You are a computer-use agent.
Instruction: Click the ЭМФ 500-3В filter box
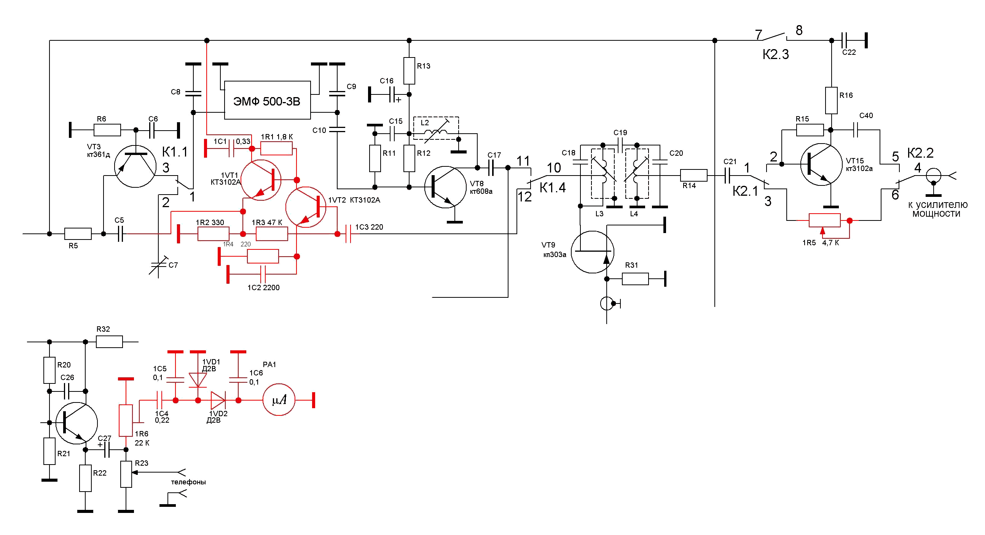click(x=267, y=100)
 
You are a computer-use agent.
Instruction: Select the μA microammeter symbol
click(x=279, y=400)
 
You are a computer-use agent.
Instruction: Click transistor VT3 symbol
click(x=135, y=166)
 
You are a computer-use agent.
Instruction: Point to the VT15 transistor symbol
click(x=821, y=164)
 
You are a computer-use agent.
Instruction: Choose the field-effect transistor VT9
click(x=592, y=252)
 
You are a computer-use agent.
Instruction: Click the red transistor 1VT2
click(x=306, y=207)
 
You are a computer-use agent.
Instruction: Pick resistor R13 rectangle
click(x=409, y=71)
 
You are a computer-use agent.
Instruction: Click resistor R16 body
click(x=831, y=100)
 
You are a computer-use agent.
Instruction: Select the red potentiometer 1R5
click(x=825, y=220)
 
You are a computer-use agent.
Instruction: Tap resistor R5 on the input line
click(x=78, y=234)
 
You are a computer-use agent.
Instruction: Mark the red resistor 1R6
click(x=126, y=420)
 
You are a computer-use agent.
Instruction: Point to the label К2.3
click(x=775, y=55)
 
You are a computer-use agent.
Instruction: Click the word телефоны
click(x=188, y=482)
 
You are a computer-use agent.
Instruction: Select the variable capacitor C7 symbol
click(x=158, y=265)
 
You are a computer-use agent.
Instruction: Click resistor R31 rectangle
click(x=635, y=279)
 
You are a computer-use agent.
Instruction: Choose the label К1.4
click(x=553, y=188)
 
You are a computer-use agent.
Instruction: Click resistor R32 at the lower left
click(x=109, y=342)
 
